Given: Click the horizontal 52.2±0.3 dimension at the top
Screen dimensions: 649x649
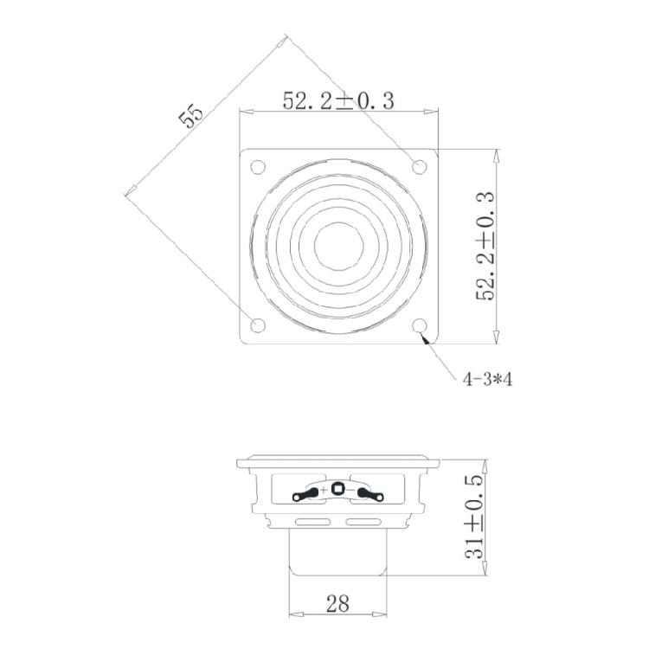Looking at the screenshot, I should [x=338, y=100].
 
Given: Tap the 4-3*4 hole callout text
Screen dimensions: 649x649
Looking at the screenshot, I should [x=487, y=379].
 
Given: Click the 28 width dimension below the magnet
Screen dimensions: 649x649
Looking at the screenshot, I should [x=338, y=603].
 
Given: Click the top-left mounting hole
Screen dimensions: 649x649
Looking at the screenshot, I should [x=257, y=165].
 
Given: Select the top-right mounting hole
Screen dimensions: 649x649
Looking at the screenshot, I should [x=421, y=165].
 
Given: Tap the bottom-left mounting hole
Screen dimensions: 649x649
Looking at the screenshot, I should [x=257, y=325].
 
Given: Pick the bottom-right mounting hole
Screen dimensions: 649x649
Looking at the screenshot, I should [x=421, y=325].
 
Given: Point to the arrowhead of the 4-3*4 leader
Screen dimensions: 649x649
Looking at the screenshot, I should [x=426, y=339].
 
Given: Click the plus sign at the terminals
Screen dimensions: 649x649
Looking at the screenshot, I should [x=324, y=491].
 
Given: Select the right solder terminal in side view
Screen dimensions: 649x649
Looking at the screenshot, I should [x=369, y=494].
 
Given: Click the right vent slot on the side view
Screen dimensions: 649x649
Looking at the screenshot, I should [x=363, y=522].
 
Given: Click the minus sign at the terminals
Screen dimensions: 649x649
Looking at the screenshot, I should [x=350, y=491].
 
